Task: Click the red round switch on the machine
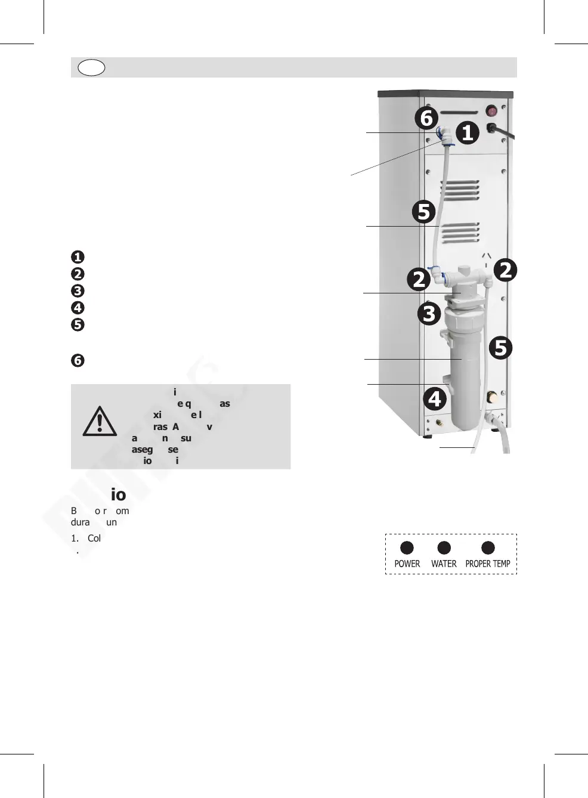point(492,111)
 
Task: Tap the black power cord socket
point(493,128)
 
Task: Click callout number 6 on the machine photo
point(426,118)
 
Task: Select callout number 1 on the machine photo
point(468,132)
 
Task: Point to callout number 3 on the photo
point(429,313)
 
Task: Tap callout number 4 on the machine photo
point(435,398)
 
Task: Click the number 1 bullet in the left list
point(78,257)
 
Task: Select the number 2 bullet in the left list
point(78,274)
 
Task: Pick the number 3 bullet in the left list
point(78,291)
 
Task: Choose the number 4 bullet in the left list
point(78,308)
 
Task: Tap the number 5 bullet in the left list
point(78,325)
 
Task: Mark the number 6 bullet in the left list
point(78,361)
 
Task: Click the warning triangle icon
point(100,421)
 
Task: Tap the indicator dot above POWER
point(407,548)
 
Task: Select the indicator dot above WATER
point(444,548)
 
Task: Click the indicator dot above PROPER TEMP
point(488,548)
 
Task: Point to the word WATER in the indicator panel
point(444,564)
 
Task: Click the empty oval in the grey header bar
point(91,67)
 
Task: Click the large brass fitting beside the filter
point(493,397)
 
